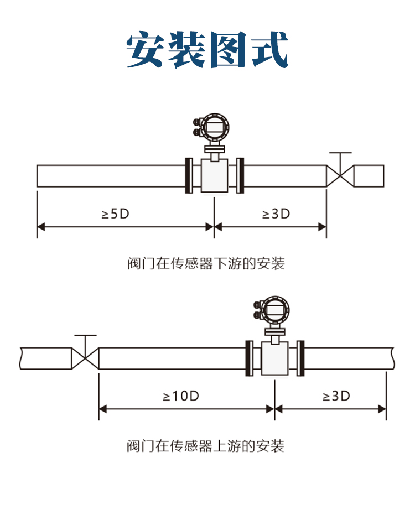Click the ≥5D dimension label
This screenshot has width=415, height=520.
pos(116,214)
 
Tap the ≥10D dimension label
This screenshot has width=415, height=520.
pos(181,396)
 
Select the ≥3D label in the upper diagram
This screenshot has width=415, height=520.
pos(276,214)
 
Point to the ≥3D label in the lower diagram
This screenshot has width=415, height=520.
pos(336,396)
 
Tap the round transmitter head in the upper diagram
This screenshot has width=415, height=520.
pos(215,127)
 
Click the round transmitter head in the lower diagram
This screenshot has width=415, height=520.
pos(275,310)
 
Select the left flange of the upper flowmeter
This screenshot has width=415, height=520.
pos(189,176)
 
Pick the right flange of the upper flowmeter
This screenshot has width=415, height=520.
pos(240,176)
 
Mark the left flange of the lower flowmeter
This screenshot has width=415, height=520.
pos(249,358)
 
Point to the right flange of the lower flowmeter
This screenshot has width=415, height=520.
pos(300,358)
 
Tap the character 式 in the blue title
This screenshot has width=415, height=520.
pos(269,49)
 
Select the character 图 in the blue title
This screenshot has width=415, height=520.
pos(228,49)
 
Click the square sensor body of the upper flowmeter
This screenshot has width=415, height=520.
pos(215,176)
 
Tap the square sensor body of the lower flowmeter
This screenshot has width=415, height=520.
pos(275,358)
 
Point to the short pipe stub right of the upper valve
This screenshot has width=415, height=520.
pos(369,176)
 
